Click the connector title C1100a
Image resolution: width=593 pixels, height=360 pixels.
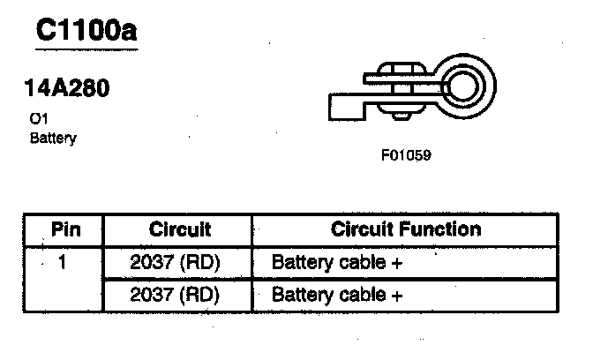pos(86,33)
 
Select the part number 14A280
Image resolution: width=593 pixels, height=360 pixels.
pos(66,91)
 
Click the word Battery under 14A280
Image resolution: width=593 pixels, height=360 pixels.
pos(53,139)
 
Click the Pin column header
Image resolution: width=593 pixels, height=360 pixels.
pos(66,230)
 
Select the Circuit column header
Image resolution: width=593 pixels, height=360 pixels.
pos(180,230)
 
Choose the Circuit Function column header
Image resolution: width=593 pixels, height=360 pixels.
pos(406,229)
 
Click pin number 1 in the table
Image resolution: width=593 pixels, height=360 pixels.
pos(64,262)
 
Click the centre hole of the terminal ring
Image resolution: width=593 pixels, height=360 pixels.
pos(464,85)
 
